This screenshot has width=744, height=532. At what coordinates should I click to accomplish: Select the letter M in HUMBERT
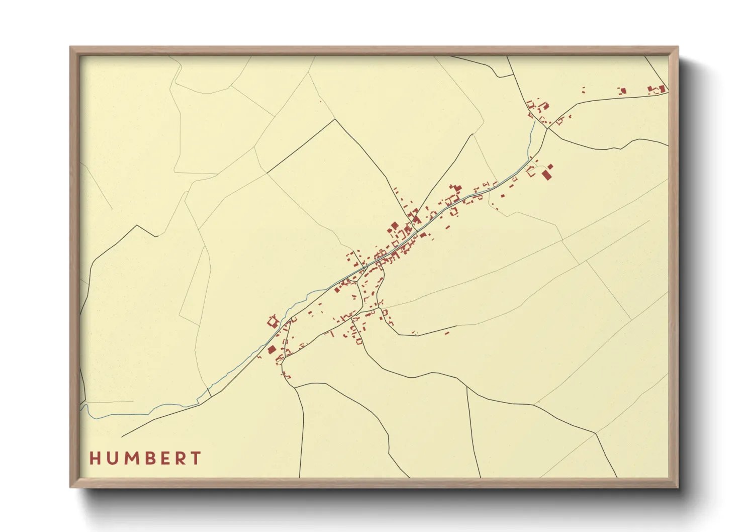click(131, 458)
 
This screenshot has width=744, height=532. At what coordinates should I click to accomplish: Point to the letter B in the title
click(150, 458)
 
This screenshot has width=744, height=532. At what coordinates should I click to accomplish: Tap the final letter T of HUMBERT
click(197, 458)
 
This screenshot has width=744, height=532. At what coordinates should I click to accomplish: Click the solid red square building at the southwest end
click(271, 349)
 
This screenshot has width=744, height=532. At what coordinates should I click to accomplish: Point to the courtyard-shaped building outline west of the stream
click(273, 320)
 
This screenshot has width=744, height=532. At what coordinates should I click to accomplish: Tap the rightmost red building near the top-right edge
click(662, 89)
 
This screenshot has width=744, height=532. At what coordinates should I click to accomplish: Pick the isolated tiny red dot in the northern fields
click(320, 102)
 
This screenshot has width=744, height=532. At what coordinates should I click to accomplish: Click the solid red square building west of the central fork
click(395, 226)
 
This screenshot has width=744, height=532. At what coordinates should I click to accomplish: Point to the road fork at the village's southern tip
click(284, 356)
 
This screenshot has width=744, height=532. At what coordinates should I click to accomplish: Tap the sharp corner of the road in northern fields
click(335, 119)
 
